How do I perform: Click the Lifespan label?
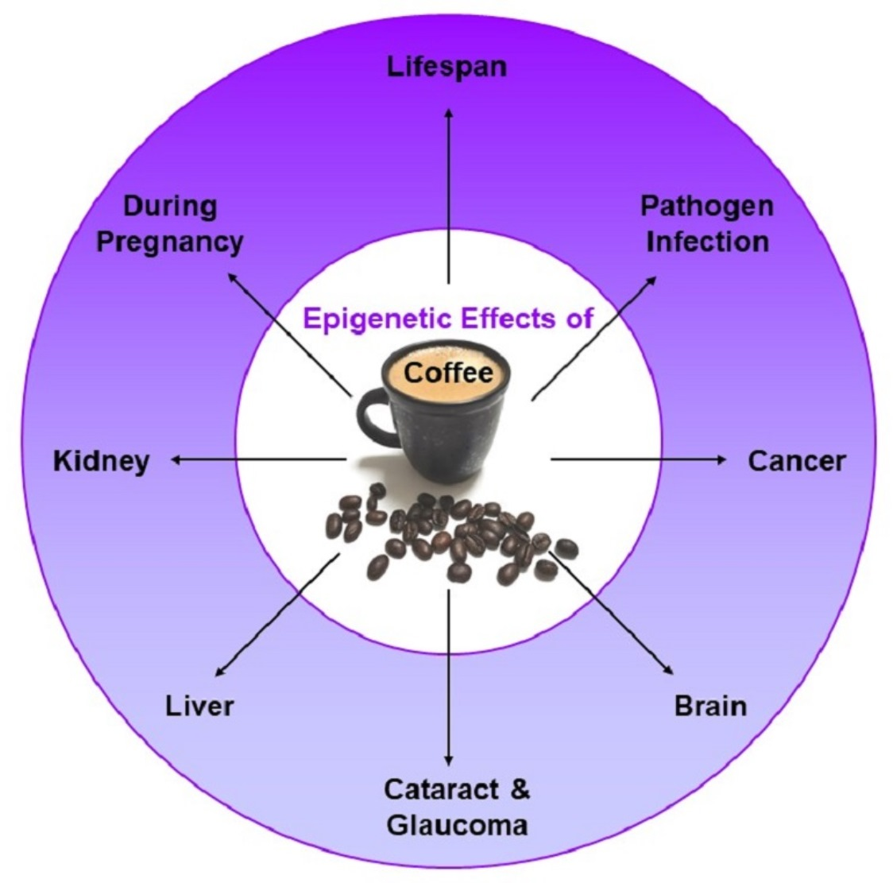pyautogui.click(x=446, y=66)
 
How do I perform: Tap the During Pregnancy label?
pyautogui.click(x=169, y=223)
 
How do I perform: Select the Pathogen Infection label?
pyautogui.click(x=706, y=223)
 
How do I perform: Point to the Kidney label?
pyautogui.click(x=101, y=461)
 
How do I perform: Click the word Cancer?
pyautogui.click(x=796, y=461)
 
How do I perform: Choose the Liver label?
pyautogui.click(x=200, y=705)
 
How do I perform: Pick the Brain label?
pyautogui.click(x=710, y=705)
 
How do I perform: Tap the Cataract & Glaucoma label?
pyautogui.click(x=457, y=807)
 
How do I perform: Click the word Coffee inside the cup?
pyautogui.click(x=448, y=372)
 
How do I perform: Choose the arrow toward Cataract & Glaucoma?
pyautogui.click(x=449, y=676)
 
